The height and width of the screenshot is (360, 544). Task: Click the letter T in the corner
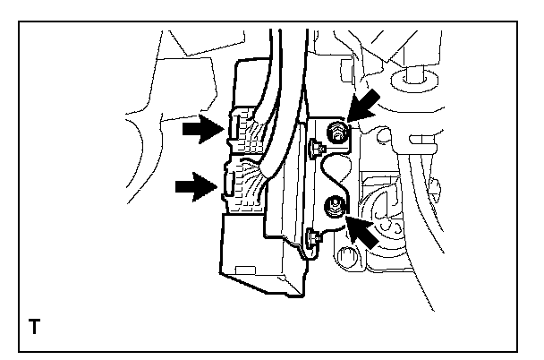point(34,327)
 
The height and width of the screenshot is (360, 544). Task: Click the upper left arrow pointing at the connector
point(202,131)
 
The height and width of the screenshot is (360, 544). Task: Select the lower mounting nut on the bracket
point(332,205)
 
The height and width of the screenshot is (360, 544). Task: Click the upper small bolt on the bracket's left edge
point(315,146)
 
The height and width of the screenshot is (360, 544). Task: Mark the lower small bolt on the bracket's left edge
point(313,237)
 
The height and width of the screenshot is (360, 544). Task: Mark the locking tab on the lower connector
point(226,184)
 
